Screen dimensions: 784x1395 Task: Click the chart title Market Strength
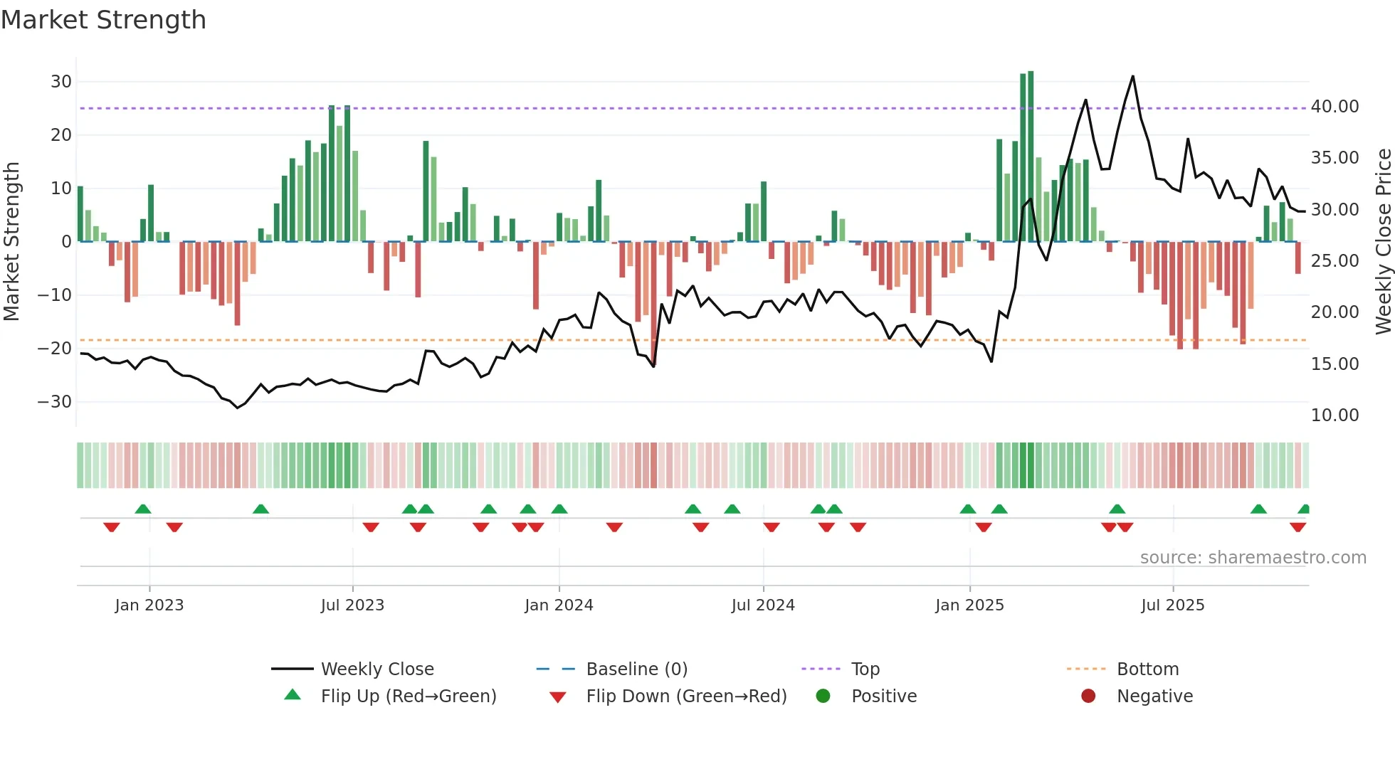point(103,20)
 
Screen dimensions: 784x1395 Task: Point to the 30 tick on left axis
point(61,82)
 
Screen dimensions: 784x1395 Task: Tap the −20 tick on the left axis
point(55,349)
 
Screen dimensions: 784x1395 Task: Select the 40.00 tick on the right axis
point(1335,107)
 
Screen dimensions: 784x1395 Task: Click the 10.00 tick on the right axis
point(1335,415)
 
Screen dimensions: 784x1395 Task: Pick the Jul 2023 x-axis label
point(352,605)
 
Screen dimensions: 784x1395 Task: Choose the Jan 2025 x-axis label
point(969,605)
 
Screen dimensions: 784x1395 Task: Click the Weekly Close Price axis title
point(1383,242)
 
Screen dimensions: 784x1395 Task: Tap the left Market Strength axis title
point(11,242)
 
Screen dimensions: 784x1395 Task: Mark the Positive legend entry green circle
point(823,696)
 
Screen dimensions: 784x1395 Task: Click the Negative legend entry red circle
point(1088,696)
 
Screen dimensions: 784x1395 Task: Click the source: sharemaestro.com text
point(1253,558)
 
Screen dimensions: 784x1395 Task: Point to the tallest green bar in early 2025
point(1031,157)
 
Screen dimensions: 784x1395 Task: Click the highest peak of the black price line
point(1132,76)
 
